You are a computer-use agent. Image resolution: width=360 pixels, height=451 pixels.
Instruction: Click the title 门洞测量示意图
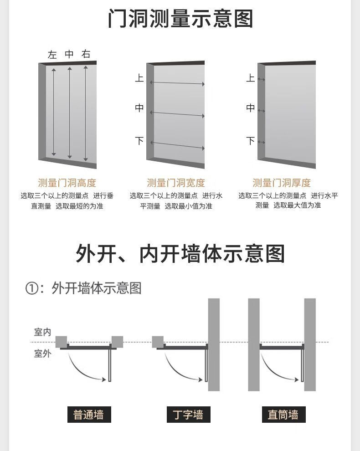click(x=180, y=19)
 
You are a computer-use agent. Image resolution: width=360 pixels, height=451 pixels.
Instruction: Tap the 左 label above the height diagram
click(x=52, y=55)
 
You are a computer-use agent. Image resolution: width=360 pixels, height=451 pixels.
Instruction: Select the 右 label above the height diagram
click(x=86, y=54)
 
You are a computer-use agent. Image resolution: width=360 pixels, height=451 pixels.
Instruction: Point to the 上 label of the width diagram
click(x=139, y=78)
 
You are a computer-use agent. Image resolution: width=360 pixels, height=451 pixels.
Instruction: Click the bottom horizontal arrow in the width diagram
click(x=177, y=145)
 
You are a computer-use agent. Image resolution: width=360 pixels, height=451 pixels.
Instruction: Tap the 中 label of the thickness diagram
click(x=250, y=108)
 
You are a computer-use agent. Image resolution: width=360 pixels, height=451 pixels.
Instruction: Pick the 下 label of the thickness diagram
click(x=250, y=141)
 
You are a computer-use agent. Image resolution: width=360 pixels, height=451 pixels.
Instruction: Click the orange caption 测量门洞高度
click(x=67, y=183)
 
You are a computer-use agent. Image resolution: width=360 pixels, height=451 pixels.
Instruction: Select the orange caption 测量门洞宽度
click(x=176, y=183)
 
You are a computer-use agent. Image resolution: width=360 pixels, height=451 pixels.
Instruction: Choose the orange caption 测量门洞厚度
click(x=282, y=183)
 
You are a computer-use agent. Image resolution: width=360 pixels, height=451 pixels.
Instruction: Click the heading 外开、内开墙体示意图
click(x=180, y=253)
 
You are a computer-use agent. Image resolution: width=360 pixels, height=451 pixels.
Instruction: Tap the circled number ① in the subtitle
click(x=31, y=289)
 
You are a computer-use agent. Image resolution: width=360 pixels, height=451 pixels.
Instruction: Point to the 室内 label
click(x=42, y=332)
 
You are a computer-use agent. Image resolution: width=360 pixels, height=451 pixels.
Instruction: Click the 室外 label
click(x=42, y=353)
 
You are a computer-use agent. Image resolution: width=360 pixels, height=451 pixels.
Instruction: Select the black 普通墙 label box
click(x=89, y=415)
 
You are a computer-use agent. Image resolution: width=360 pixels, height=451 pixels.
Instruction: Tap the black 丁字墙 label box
click(x=188, y=415)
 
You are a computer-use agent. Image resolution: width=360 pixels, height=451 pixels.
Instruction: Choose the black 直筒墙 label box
click(x=283, y=415)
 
